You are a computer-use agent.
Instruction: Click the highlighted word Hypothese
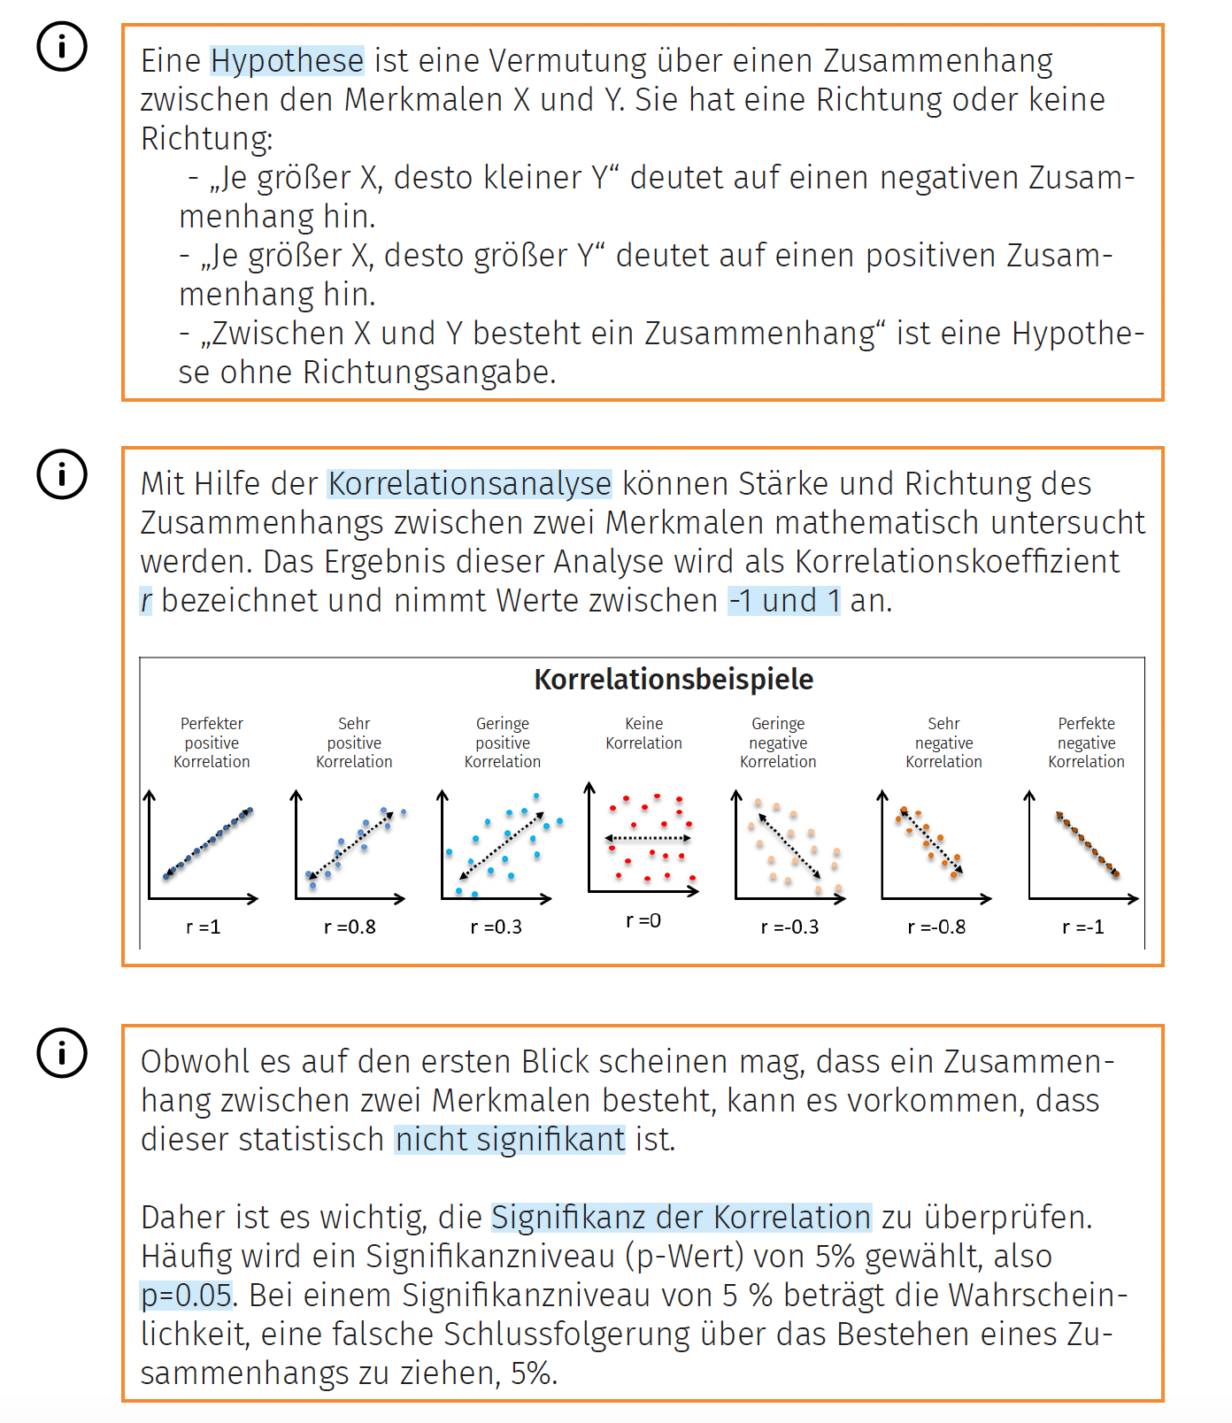pos(287,61)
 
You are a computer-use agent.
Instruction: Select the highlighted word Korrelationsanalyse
pos(469,484)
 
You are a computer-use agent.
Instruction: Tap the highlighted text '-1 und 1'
pos(783,601)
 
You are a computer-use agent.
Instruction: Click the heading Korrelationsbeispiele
pos(674,680)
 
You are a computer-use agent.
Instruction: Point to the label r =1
pos(203,927)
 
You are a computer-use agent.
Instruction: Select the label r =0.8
pos(350,927)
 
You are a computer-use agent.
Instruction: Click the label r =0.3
pos(496,927)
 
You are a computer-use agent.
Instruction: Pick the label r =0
pos(643,920)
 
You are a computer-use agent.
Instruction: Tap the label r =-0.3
pos(789,927)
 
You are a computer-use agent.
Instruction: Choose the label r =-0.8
pos(936,927)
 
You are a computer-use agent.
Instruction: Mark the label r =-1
pos(1083,927)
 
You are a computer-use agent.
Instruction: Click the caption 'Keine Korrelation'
pos(643,734)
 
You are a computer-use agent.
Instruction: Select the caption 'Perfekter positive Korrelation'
pos(212,742)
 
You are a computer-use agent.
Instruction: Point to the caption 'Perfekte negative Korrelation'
pos(1086,742)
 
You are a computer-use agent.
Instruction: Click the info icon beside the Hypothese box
pos(62,46)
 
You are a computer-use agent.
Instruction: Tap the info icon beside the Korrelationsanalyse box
pos(62,474)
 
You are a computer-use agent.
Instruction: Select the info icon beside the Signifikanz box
pos(62,1053)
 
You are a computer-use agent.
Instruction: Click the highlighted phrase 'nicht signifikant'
pos(510,1140)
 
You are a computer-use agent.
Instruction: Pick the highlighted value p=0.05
pos(187,1296)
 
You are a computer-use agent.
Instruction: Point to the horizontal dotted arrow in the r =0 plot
pos(648,838)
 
